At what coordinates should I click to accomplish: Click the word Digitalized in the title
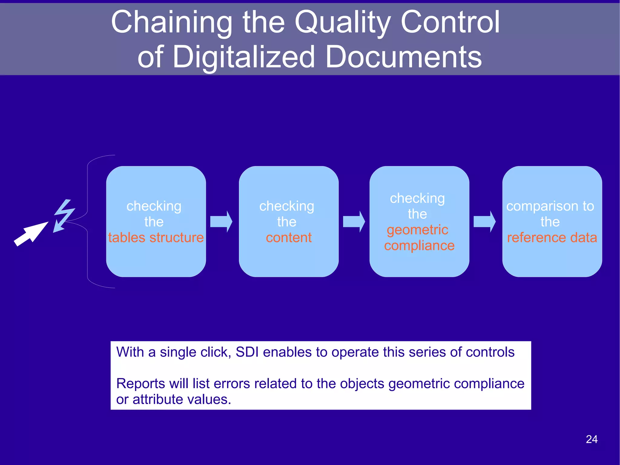(244, 57)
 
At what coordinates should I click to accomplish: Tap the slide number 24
(591, 439)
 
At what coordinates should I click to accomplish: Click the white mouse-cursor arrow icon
(30, 234)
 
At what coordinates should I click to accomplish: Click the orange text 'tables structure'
(156, 237)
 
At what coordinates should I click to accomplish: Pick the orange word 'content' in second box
(289, 237)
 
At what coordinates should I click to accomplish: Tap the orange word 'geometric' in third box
(417, 230)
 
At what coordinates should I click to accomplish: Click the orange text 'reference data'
(552, 237)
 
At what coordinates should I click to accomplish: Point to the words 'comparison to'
(550, 206)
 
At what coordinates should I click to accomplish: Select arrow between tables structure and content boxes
(221, 221)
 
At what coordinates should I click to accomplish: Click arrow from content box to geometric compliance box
(354, 221)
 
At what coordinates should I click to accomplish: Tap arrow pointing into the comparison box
(484, 221)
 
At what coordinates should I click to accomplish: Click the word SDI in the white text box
(247, 352)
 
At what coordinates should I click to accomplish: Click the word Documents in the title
(403, 57)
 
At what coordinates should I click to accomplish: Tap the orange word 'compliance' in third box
(419, 245)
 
